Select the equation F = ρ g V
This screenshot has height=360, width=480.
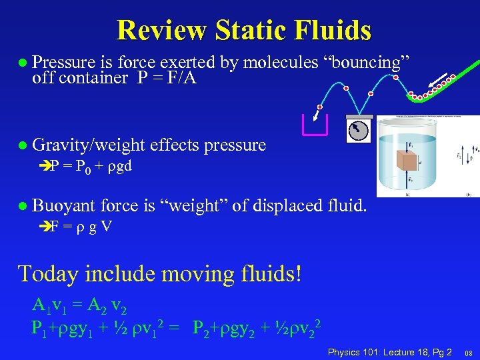click(81, 227)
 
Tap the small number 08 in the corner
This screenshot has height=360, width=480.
click(469, 353)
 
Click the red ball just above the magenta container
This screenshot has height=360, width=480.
click(319, 107)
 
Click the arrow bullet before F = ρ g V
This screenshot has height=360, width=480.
click(45, 227)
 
